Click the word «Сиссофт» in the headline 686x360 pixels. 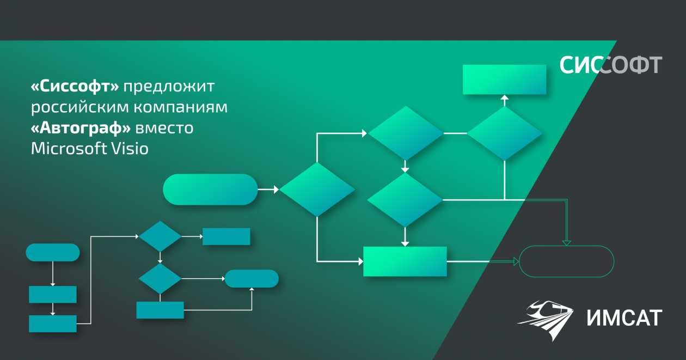[75, 86]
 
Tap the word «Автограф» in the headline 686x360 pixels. [81, 128]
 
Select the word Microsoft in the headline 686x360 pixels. [69, 148]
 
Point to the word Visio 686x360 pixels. [130, 148]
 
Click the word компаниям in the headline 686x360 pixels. [181, 107]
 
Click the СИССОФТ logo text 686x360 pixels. [611, 65]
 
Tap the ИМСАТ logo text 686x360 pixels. [624, 318]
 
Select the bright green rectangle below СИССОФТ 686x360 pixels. [504, 80]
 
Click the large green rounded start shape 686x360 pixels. [210, 190]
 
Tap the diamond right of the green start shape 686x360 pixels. [317, 190]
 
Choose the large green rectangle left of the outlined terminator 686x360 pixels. [405, 261]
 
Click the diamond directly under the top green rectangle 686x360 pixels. [504, 133]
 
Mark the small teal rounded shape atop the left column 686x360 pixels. [53, 253]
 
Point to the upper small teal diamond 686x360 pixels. [160, 236]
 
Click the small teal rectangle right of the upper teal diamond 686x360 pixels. [226, 236]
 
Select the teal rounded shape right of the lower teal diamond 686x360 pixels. [252, 278]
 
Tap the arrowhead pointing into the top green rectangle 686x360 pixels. [504, 98]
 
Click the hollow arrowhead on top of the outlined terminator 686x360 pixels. [567, 243]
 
